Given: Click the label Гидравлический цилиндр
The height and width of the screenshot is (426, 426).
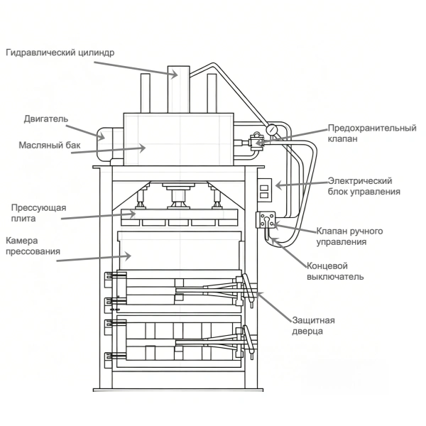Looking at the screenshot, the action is [x=60, y=53].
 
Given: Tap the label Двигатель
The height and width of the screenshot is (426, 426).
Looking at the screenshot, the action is [x=46, y=119].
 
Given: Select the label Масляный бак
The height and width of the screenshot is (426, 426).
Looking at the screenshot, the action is [x=50, y=146].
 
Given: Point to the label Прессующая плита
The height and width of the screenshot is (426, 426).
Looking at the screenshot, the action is [x=38, y=213].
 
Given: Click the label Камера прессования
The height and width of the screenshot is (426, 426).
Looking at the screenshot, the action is [x=33, y=246].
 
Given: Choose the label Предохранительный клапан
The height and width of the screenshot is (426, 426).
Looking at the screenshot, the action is [x=372, y=133].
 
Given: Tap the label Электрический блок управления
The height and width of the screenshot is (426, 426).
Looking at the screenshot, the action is [x=364, y=186].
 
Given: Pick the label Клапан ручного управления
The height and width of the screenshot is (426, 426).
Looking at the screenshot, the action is [x=349, y=236].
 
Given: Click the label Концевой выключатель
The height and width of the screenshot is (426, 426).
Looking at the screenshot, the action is [x=335, y=271].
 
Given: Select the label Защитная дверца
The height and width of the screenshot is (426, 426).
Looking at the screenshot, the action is [x=313, y=326].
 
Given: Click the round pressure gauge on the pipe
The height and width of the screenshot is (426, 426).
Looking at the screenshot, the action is [x=272, y=129].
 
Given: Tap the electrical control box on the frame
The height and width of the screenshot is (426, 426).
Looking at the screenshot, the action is [x=264, y=190].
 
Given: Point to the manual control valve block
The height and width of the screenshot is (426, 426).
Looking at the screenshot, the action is [x=266, y=220].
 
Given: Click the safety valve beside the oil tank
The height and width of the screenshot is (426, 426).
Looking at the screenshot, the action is [x=256, y=141].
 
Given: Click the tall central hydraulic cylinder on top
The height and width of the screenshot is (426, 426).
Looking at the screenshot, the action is [x=178, y=89].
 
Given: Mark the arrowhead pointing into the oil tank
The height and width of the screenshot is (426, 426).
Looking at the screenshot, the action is [x=143, y=148].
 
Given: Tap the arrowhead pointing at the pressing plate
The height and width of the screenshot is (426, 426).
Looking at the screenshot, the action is [x=132, y=214].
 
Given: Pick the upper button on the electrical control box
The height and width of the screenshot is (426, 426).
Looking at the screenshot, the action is [x=264, y=187].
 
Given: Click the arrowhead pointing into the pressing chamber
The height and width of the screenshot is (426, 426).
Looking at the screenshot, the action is [x=129, y=256].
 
